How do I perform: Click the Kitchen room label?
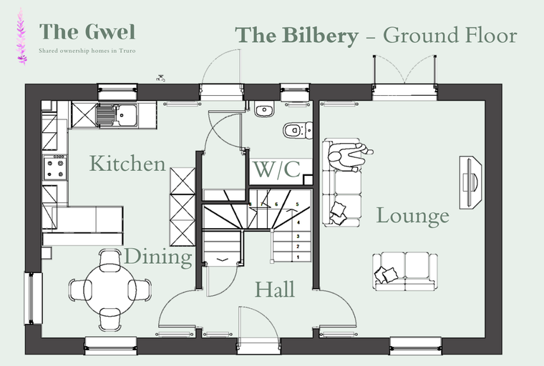127,164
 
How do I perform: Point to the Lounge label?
413,215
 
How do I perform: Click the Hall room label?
276,290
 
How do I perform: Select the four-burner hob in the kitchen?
55,168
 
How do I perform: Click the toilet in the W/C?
296,130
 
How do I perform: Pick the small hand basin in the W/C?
264,110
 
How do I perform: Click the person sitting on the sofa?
350,155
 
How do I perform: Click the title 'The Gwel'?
87,31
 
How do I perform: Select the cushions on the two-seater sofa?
389,273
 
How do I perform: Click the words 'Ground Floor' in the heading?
450,35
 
